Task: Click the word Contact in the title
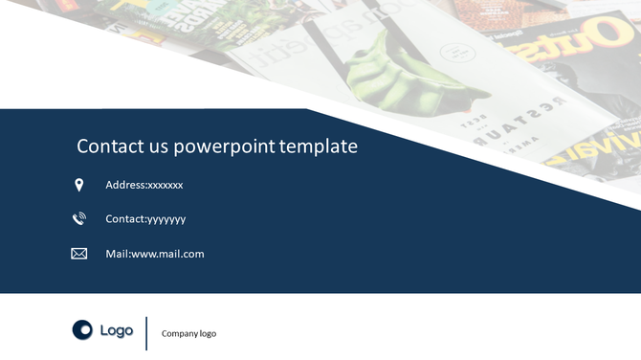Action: click(105, 146)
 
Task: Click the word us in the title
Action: click(149, 146)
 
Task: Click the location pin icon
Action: click(79, 185)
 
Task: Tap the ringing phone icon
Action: click(79, 219)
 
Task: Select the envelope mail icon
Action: click(79, 254)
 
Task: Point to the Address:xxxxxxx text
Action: click(144, 185)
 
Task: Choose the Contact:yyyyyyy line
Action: click(145, 219)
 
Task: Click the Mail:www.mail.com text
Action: click(154, 254)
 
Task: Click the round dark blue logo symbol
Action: click(82, 330)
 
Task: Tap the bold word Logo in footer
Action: click(117, 330)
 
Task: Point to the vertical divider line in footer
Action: click(146, 332)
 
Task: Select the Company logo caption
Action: click(188, 334)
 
